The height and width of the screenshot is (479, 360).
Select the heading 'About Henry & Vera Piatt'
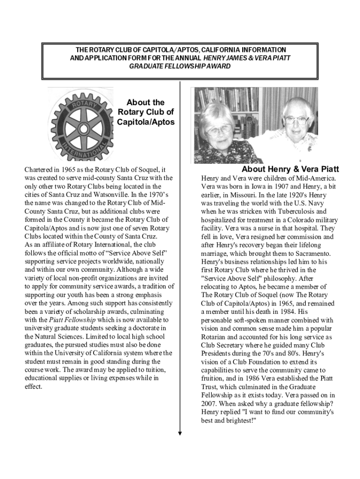point(290,169)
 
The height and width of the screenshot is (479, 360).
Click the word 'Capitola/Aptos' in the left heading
point(146,122)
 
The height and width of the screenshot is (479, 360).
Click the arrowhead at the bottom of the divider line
point(180,433)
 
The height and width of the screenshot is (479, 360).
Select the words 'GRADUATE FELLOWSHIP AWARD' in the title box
point(180,66)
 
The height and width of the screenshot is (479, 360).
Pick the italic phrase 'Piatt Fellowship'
point(72,319)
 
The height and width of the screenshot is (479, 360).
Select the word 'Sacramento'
point(313,253)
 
